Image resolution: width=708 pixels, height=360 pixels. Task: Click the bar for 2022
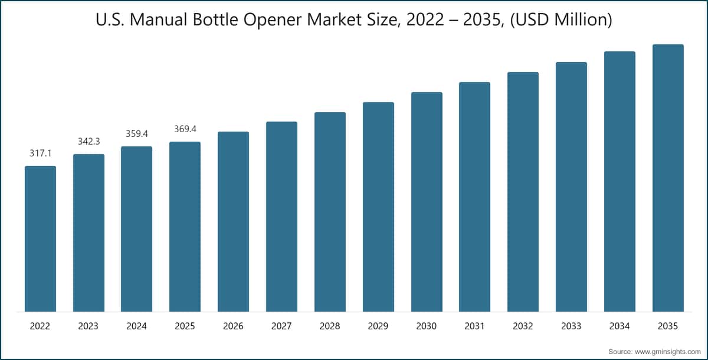41,238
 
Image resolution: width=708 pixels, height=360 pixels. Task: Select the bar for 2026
233,221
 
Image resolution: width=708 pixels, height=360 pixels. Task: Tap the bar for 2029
378,207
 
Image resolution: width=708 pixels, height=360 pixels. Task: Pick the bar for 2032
523,192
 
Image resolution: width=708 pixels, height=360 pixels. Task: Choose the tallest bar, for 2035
668,178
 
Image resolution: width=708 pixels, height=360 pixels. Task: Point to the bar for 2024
136,229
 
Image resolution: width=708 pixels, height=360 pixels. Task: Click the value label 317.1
41,153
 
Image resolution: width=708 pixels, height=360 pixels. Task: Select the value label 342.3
89,141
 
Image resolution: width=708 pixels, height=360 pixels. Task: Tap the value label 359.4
136,134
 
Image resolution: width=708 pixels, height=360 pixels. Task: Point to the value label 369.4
185,129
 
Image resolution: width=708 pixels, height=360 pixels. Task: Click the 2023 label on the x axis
88,326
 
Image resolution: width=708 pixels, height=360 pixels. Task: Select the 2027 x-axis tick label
281,326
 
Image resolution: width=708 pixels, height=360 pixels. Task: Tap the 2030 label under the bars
426,326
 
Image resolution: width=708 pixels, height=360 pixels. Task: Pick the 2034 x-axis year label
619,326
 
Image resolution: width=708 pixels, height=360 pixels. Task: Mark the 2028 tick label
330,326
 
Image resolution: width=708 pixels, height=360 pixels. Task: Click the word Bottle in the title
215,19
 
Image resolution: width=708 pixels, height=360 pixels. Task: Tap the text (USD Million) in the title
561,20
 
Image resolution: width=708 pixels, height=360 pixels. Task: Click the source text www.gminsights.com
668,352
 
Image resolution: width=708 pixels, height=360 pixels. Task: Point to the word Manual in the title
159,19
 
